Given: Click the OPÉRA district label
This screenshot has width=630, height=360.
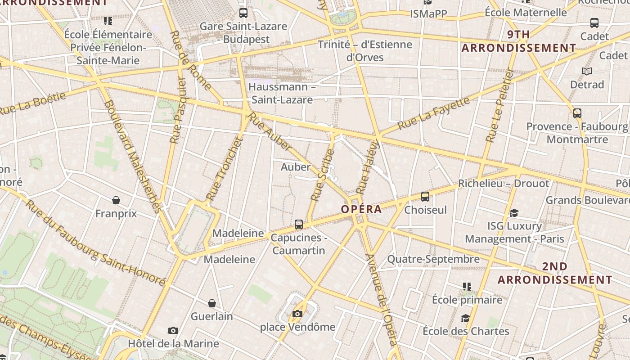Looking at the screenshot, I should pyautogui.click(x=361, y=209).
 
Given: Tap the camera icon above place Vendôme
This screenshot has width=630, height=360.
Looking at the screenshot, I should pyautogui.click(x=297, y=314).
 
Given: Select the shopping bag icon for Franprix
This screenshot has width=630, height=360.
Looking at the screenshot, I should pyautogui.click(x=116, y=200).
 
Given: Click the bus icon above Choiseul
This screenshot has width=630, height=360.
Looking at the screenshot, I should pyautogui.click(x=425, y=197).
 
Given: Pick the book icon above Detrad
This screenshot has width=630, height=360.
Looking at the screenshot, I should pyautogui.click(x=587, y=71).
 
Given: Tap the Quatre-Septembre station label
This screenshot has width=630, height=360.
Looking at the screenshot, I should pyautogui.click(x=433, y=259).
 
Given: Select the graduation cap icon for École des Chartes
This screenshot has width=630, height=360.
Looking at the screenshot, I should pyautogui.click(x=465, y=318).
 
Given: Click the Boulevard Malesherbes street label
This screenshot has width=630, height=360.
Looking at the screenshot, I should pyautogui.click(x=132, y=157).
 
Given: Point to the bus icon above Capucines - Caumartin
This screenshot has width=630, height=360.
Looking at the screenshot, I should pyautogui.click(x=299, y=224).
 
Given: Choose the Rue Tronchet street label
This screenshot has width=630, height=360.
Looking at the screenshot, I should pyautogui.click(x=225, y=169).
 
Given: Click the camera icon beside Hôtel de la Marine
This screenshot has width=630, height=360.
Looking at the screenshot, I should pyautogui.click(x=173, y=331).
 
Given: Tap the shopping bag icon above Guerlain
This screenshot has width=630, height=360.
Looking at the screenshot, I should pyautogui.click(x=211, y=303).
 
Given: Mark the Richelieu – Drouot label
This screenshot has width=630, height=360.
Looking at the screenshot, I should pyautogui.click(x=504, y=184).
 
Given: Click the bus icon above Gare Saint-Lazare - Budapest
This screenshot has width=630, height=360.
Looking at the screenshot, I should pyautogui.click(x=243, y=13).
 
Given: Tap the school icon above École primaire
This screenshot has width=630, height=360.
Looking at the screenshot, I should pyautogui.click(x=467, y=286).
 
